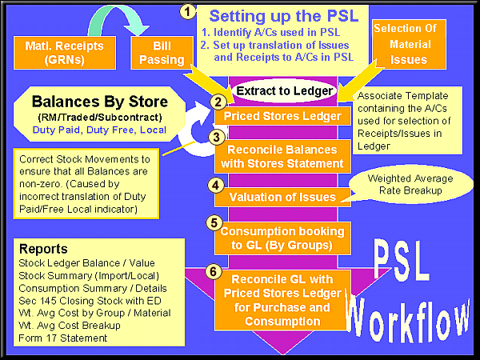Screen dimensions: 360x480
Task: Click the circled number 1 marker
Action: point(187,11)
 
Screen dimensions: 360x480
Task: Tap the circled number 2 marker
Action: point(217,102)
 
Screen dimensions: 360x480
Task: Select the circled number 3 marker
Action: point(217,137)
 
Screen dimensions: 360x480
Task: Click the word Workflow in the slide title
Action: point(410,317)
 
